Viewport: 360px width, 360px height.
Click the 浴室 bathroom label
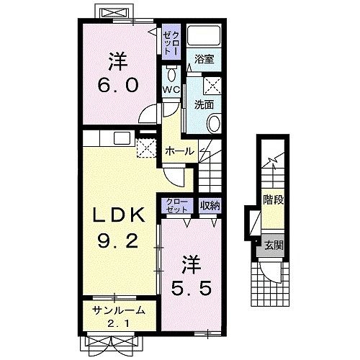204,59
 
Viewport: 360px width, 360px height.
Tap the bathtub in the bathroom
204,35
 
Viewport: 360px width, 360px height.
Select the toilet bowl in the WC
171,74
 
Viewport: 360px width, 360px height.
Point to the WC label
171,90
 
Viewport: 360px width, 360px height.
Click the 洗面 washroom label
204,104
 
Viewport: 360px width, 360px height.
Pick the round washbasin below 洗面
214,123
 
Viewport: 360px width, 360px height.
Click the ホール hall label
179,151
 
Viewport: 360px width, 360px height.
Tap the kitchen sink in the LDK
122,138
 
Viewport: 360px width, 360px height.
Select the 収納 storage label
210,205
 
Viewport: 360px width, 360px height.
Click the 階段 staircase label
274,199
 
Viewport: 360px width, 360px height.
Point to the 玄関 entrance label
274,246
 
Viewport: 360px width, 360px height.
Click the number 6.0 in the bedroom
118,85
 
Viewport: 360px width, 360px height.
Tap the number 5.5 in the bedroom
192,288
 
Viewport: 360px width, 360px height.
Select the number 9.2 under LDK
118,240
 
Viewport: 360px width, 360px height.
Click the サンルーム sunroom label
119,311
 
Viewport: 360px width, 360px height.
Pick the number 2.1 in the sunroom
119,324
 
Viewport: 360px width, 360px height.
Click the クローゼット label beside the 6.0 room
171,42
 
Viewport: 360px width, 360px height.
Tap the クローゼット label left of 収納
177,206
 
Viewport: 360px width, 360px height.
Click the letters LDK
119,215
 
